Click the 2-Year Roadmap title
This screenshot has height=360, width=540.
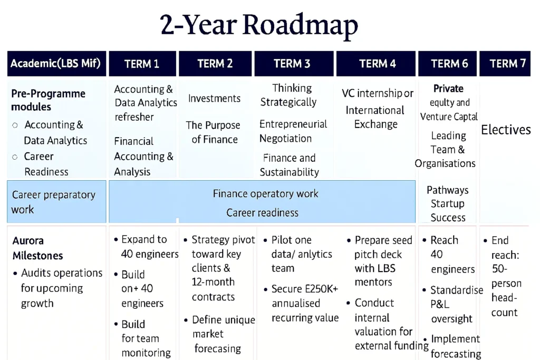click(x=258, y=25)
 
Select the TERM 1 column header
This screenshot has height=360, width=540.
click(x=142, y=64)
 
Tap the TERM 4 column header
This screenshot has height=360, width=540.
click(x=376, y=64)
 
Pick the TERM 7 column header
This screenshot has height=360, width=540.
click(x=505, y=64)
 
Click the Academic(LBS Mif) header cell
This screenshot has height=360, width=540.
click(x=56, y=64)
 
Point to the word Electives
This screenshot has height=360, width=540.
click(x=506, y=130)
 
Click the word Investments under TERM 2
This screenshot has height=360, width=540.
click(x=214, y=99)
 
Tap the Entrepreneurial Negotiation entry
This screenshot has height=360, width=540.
click(x=293, y=131)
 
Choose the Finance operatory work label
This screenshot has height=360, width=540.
click(x=265, y=194)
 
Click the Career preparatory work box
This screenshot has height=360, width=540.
click(x=56, y=202)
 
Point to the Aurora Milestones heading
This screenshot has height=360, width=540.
click(x=37, y=248)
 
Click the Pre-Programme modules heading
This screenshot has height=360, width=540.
click(x=48, y=100)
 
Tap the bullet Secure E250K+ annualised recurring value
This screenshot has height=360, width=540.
click(x=302, y=303)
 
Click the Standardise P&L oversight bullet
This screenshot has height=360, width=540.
click(x=453, y=304)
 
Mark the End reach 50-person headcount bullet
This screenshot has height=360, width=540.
click(x=503, y=276)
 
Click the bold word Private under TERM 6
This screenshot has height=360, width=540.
click(x=448, y=89)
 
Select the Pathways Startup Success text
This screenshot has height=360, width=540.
click(x=447, y=204)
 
